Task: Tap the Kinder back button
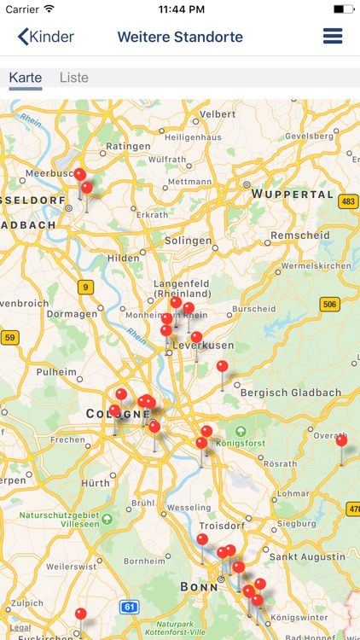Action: (46, 37)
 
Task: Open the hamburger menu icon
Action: (333, 37)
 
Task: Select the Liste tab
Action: (74, 78)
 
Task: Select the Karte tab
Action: (26, 78)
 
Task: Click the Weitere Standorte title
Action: (180, 37)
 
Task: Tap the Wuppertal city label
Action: (293, 195)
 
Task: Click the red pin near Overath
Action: (341, 441)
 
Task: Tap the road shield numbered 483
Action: (347, 202)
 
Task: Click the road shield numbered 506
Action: (329, 304)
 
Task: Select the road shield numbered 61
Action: (129, 608)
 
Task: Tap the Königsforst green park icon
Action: (241, 432)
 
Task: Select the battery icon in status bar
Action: (343, 9)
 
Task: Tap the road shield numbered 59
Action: (9, 338)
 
